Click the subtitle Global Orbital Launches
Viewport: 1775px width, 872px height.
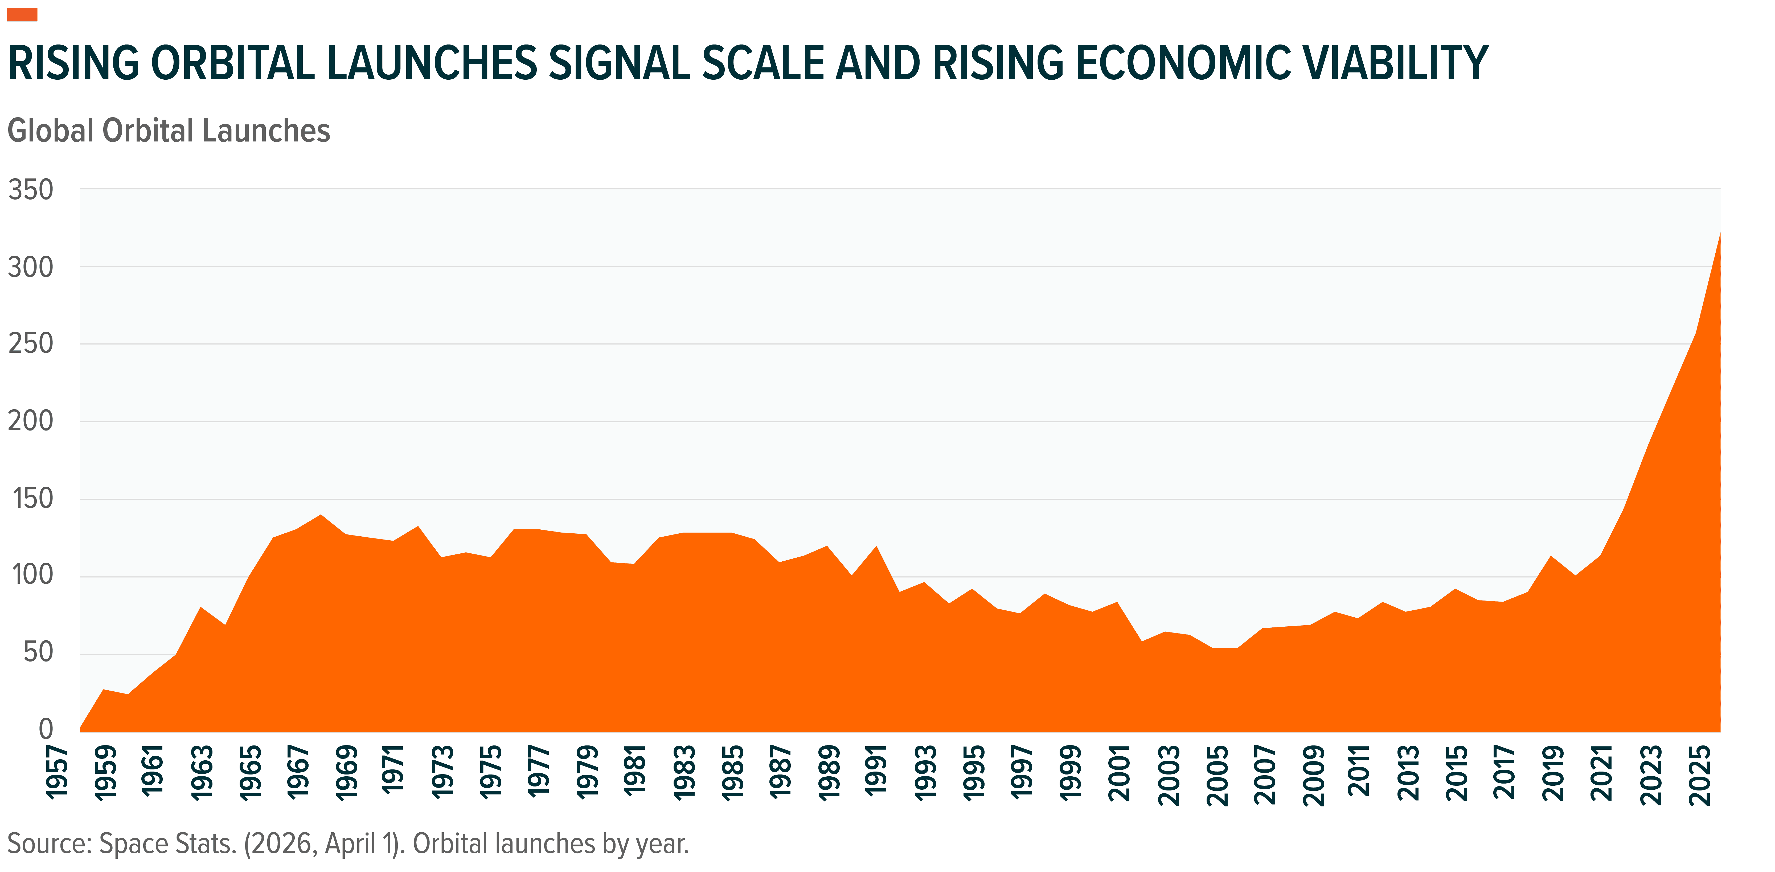tap(169, 131)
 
